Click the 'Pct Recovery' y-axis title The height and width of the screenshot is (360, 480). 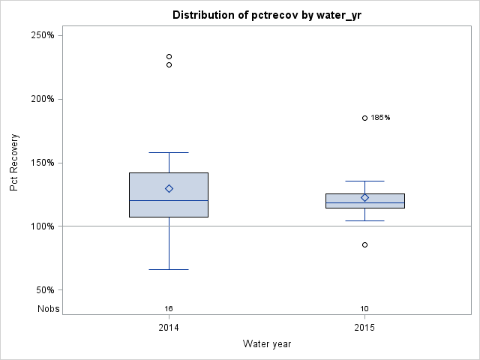click(x=14, y=163)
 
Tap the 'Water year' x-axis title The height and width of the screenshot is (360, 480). click(x=267, y=343)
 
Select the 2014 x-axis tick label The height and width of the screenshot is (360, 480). click(x=169, y=328)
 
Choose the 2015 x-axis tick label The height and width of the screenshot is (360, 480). click(x=365, y=328)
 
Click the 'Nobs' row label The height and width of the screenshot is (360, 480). click(x=49, y=308)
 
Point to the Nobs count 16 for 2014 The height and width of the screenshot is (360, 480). click(x=169, y=308)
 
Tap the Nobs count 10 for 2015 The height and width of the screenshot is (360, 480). click(x=365, y=308)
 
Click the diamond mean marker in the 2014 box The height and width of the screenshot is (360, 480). click(x=169, y=189)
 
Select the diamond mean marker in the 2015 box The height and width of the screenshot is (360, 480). click(x=365, y=198)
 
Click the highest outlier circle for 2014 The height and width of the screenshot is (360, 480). click(x=169, y=56)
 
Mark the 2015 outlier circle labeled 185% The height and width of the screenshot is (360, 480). click(x=365, y=118)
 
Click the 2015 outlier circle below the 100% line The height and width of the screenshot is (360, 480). click(x=365, y=244)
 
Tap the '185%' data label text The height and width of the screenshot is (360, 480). click(x=380, y=118)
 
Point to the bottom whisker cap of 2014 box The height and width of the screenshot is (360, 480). click(x=169, y=269)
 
